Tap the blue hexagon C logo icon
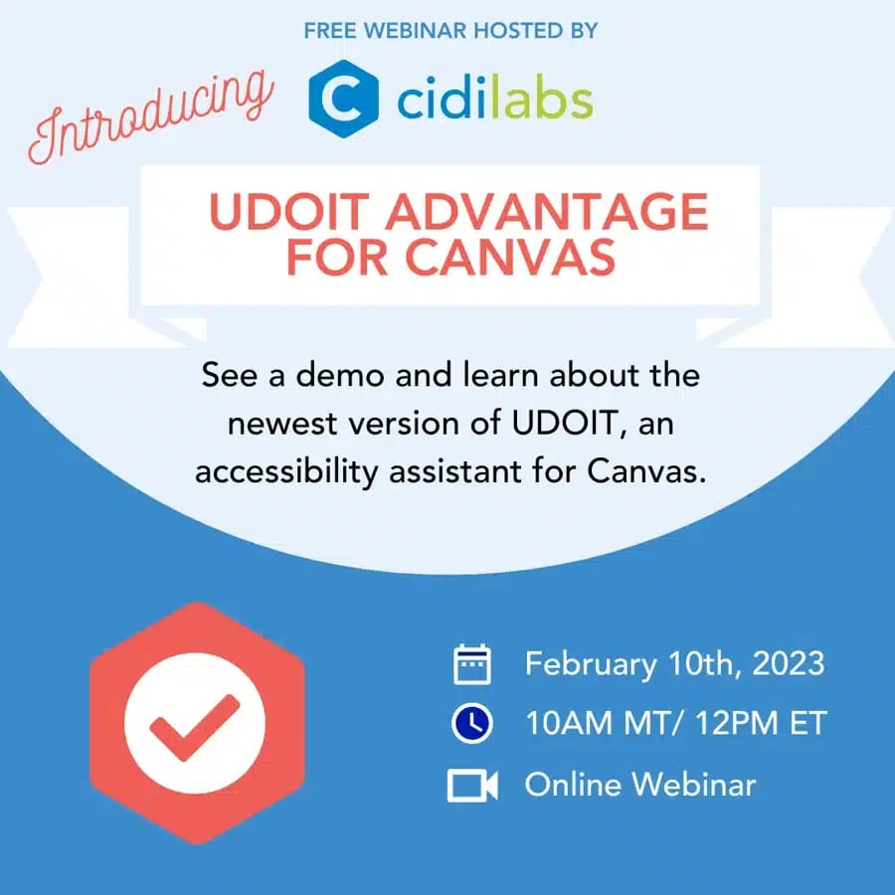tap(343, 98)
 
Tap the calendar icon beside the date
tap(472, 663)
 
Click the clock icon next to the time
tap(472, 724)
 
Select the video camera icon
tap(472, 786)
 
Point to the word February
tap(590, 663)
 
